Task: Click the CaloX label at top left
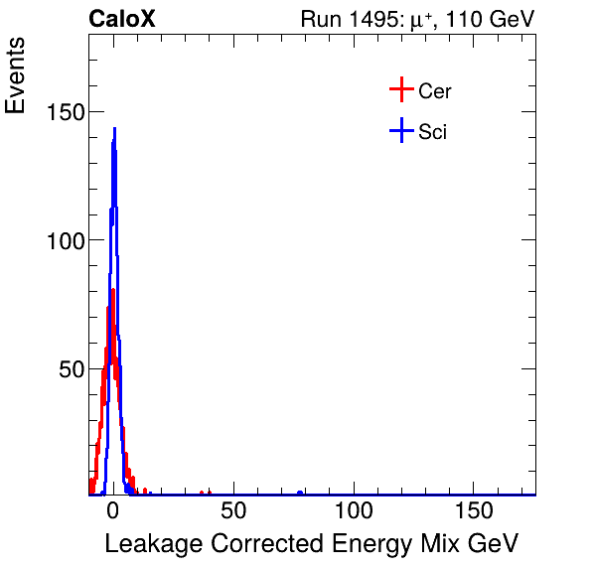[122, 19]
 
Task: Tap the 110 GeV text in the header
[493, 20]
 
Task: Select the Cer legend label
[435, 91]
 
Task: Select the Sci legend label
[432, 131]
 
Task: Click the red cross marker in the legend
[400, 90]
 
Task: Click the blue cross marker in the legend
[400, 130]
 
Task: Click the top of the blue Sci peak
[114, 129]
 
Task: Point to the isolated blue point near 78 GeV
[300, 493]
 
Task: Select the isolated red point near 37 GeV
[202, 493]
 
